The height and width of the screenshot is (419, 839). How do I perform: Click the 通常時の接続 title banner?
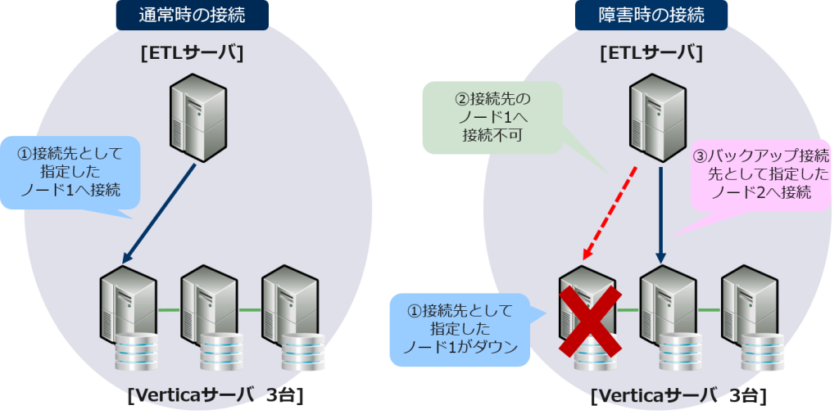point(192,15)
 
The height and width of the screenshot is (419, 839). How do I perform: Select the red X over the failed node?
point(588,320)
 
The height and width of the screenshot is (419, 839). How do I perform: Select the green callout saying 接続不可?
point(492,118)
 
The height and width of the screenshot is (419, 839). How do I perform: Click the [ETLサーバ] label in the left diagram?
point(192,53)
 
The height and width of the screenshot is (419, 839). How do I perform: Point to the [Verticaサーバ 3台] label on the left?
point(215,397)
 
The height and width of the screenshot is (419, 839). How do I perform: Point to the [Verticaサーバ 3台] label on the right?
point(678,397)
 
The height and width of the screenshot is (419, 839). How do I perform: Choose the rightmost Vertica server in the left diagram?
point(292,311)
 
